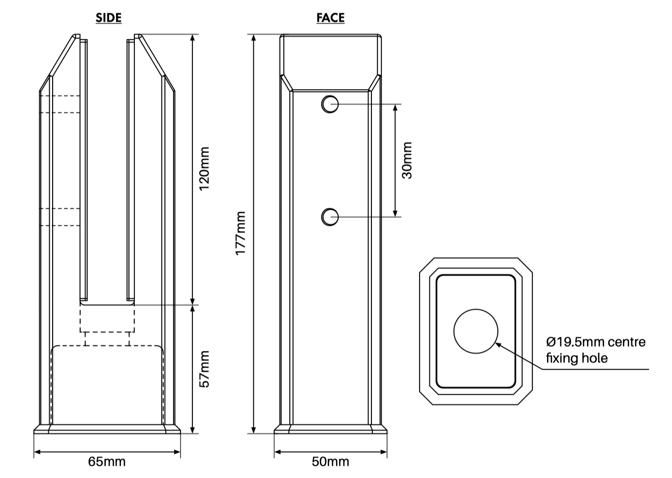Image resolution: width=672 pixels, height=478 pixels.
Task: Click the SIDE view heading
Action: (x=108, y=18)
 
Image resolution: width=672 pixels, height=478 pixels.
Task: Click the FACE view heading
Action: (x=330, y=18)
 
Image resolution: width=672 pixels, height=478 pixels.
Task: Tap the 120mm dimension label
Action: (x=204, y=169)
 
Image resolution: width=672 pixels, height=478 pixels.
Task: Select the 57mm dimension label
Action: (x=204, y=369)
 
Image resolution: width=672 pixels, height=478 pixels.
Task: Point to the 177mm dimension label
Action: (x=240, y=233)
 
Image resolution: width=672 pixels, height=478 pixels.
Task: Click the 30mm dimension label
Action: (x=407, y=160)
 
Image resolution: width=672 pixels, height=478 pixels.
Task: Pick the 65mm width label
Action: (x=107, y=462)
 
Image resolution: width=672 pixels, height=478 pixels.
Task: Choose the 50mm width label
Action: (x=330, y=462)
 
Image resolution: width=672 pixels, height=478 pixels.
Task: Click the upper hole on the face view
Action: (x=330, y=104)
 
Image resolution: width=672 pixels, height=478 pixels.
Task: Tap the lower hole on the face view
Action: (x=330, y=217)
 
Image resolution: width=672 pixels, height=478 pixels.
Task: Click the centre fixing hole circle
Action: (x=475, y=331)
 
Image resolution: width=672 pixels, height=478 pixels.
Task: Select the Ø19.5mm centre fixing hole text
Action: (x=595, y=350)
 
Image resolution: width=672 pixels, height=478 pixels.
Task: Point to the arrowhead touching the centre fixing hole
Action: (x=498, y=344)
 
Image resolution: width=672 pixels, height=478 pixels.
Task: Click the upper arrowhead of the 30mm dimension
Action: (x=395, y=107)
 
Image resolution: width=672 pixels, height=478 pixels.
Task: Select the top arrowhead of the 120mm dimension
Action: (x=193, y=38)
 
